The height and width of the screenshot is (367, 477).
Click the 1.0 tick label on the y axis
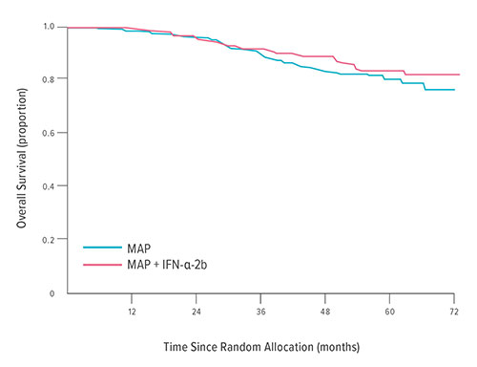(x=50, y=27)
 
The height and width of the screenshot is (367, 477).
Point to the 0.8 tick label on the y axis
(x=50, y=78)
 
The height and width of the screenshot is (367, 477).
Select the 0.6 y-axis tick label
(x=50, y=132)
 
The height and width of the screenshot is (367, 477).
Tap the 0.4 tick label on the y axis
(x=50, y=185)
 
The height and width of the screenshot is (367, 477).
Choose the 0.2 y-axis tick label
(x=50, y=239)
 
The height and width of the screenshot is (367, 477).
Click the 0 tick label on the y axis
(x=52, y=292)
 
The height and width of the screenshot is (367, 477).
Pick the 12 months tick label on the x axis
(x=131, y=312)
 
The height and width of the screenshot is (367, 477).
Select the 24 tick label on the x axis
(x=196, y=312)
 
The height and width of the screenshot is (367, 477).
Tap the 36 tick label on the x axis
(x=260, y=312)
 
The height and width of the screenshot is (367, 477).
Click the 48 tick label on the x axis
(x=325, y=312)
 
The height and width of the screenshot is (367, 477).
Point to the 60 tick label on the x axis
(x=390, y=312)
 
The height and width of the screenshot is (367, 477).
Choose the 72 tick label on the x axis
(x=454, y=312)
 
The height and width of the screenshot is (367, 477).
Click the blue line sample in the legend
(x=101, y=246)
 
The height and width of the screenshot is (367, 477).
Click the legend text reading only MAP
(x=138, y=246)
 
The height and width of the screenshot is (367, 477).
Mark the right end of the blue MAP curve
(x=454, y=90)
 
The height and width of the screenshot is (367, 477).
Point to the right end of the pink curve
(x=459, y=75)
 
